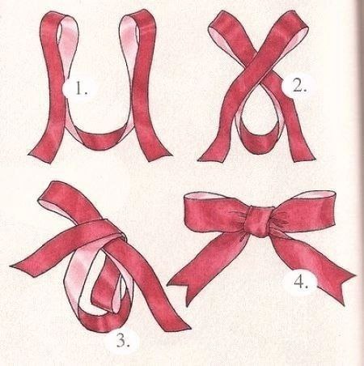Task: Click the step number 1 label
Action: [81, 88]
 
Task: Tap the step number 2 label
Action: [299, 87]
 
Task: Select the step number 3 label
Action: [123, 341]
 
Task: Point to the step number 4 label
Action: [301, 283]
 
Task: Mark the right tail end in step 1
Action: [159, 155]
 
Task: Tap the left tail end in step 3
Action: [19, 266]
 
